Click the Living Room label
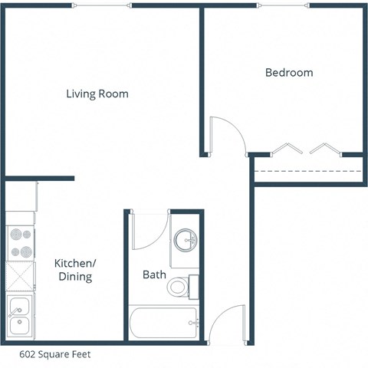coord(97,94)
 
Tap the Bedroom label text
coord(289,73)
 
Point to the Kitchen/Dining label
coord(74,269)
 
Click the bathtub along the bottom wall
coord(163,324)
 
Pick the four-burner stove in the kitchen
coord(21,243)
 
